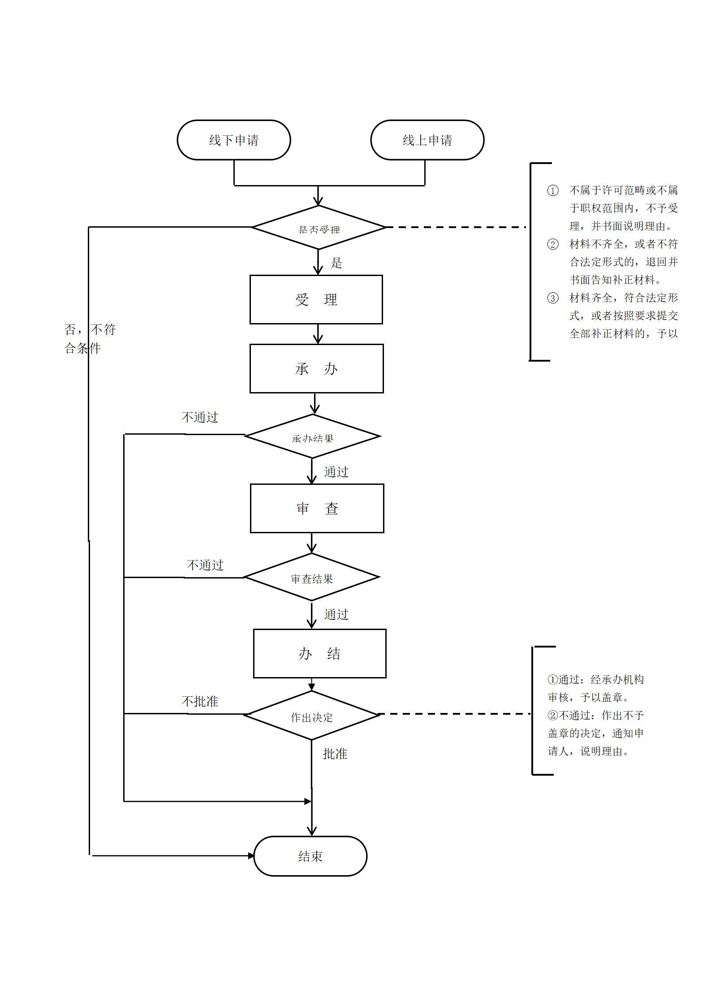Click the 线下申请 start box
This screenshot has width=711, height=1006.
(233, 140)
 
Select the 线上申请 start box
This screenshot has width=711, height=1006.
(427, 140)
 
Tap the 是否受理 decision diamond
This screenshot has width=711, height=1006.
(319, 228)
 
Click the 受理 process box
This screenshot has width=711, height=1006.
(316, 299)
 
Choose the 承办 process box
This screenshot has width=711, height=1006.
(316, 368)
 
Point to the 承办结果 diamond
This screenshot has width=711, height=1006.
(312, 436)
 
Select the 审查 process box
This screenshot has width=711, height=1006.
(317, 508)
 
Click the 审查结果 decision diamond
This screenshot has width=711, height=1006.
(312, 578)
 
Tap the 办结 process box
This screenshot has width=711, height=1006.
(319, 653)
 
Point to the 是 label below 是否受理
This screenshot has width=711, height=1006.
(336, 263)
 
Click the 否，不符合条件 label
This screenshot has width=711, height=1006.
(89, 339)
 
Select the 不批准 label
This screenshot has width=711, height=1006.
(200, 701)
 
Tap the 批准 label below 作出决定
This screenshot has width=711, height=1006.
(335, 754)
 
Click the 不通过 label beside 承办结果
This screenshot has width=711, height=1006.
(200, 418)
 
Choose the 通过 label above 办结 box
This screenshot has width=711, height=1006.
(336, 614)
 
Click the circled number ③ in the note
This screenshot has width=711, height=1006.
(553, 298)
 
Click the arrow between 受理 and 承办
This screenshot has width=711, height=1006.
(318, 334)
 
